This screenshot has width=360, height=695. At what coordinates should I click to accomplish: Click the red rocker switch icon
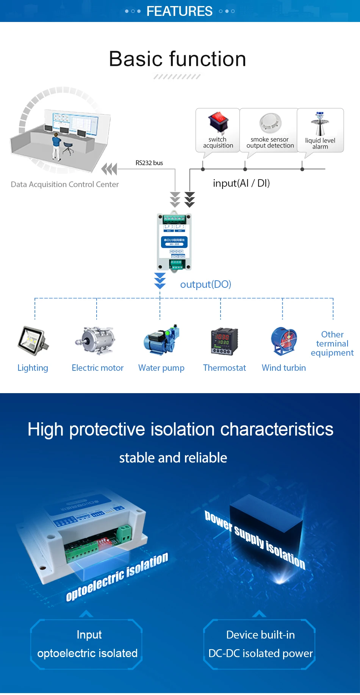pyautogui.click(x=218, y=122)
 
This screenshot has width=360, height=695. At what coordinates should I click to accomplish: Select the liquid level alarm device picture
pyautogui.click(x=320, y=123)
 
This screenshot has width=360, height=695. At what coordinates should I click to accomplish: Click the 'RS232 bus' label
pyautogui.click(x=149, y=163)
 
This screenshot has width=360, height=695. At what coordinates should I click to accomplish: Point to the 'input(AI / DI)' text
pyautogui.click(x=241, y=183)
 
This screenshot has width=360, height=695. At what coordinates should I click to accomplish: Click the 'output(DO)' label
pyautogui.click(x=205, y=284)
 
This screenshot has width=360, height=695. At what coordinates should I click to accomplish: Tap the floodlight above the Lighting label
pyautogui.click(x=33, y=340)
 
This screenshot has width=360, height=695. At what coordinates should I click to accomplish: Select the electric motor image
pyautogui.click(x=96, y=340)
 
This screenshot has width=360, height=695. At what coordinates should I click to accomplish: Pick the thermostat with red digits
pyautogui.click(x=224, y=341)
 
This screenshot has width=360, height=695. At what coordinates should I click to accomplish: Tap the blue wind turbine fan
pyautogui.click(x=284, y=340)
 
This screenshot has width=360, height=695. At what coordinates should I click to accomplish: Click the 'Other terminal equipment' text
pyautogui.click(x=332, y=344)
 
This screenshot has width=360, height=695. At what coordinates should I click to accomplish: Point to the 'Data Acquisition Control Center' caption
pyautogui.click(x=65, y=184)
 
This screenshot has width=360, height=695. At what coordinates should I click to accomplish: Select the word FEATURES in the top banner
pyautogui.click(x=179, y=11)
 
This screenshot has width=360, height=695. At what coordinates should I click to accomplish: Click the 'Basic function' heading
pyautogui.click(x=178, y=59)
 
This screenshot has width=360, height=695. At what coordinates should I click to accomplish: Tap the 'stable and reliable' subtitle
pyautogui.click(x=173, y=458)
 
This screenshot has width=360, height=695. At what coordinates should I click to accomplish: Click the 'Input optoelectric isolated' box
pyautogui.click(x=87, y=644)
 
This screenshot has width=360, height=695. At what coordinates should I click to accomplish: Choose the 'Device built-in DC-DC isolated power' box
pyautogui.click(x=260, y=644)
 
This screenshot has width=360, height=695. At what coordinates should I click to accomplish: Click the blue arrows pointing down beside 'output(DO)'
pyautogui.click(x=160, y=281)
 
